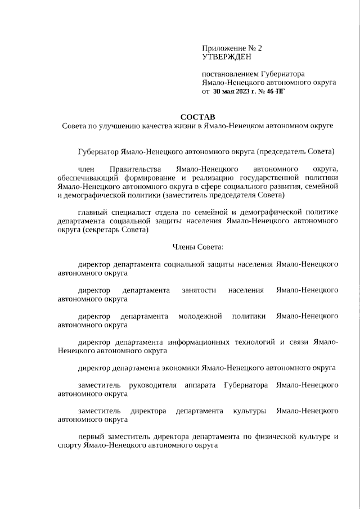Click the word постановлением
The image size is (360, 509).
[231, 74]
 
